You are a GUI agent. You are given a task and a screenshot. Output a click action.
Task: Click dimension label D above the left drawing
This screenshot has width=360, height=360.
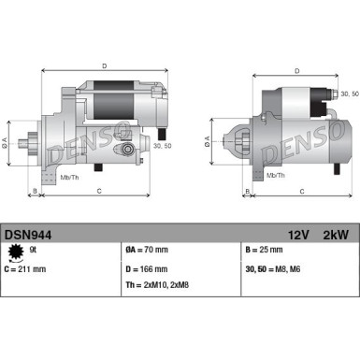pos(104,66)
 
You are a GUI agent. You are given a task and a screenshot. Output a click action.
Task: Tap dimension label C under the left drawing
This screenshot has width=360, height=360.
pos(99,192)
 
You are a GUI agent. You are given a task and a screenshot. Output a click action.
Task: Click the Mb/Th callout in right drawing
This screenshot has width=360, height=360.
pos(276,175)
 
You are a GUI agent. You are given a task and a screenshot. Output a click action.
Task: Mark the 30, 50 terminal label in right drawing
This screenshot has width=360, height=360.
pos(346,94)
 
